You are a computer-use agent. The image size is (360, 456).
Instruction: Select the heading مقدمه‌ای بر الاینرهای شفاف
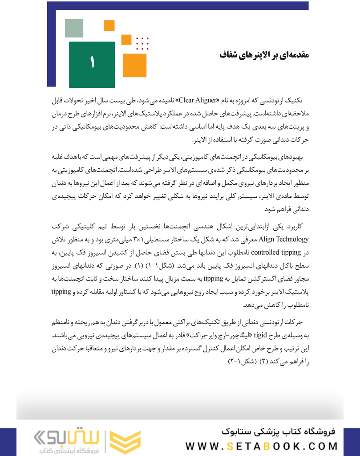coord(264,55)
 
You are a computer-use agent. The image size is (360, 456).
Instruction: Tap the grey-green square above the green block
coord(74,28)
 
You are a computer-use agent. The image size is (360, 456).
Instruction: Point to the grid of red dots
coord(142,43)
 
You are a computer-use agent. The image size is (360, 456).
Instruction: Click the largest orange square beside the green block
coord(134,65)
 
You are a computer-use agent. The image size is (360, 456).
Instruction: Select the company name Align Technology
coord(283,240)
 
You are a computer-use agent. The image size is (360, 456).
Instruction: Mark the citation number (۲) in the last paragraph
coord(263,361)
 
